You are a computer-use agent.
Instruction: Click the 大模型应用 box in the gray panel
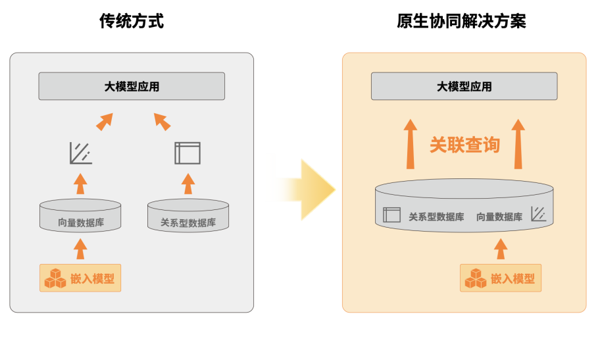(x=132, y=86)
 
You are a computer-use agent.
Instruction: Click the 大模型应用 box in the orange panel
(x=464, y=86)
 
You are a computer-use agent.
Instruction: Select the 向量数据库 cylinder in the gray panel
(x=80, y=216)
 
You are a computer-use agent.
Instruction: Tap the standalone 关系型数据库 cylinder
(x=188, y=216)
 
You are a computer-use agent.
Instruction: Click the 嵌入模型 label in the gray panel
(x=92, y=279)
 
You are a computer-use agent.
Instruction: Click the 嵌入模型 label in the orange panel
(x=513, y=279)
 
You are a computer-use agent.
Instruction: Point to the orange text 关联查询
(x=464, y=145)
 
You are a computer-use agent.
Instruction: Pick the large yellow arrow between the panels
(x=303, y=188)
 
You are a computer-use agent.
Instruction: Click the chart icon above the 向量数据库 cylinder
(x=80, y=153)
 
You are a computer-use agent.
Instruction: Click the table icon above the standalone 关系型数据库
(x=188, y=153)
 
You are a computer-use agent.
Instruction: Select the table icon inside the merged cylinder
(x=391, y=215)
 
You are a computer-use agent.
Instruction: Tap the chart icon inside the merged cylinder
(x=538, y=215)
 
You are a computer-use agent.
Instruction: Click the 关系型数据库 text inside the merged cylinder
(x=436, y=217)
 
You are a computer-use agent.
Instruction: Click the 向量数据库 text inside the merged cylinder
(x=499, y=217)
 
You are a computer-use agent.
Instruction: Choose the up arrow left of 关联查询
(x=411, y=144)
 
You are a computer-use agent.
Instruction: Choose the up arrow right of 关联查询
(x=518, y=144)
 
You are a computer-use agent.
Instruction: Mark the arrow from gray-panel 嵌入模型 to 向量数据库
(x=80, y=249)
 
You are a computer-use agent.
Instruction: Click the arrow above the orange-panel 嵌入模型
(x=501, y=249)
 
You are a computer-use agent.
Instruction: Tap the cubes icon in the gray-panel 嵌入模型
(x=53, y=278)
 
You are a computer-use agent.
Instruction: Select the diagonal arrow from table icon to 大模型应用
(x=162, y=121)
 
